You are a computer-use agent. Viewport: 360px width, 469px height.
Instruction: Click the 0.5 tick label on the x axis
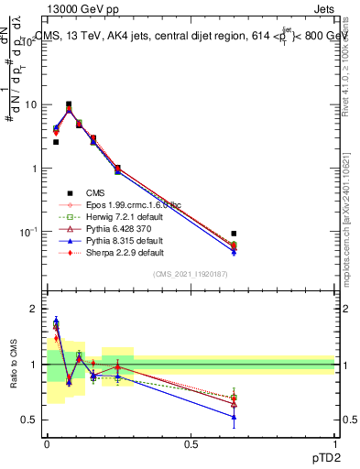click(x=191, y=444)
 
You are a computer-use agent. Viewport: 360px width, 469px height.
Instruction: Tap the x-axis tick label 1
click(x=334, y=444)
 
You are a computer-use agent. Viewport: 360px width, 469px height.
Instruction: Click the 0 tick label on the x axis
click(x=47, y=444)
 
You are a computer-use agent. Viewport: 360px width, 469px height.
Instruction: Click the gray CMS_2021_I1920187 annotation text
click(x=190, y=275)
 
